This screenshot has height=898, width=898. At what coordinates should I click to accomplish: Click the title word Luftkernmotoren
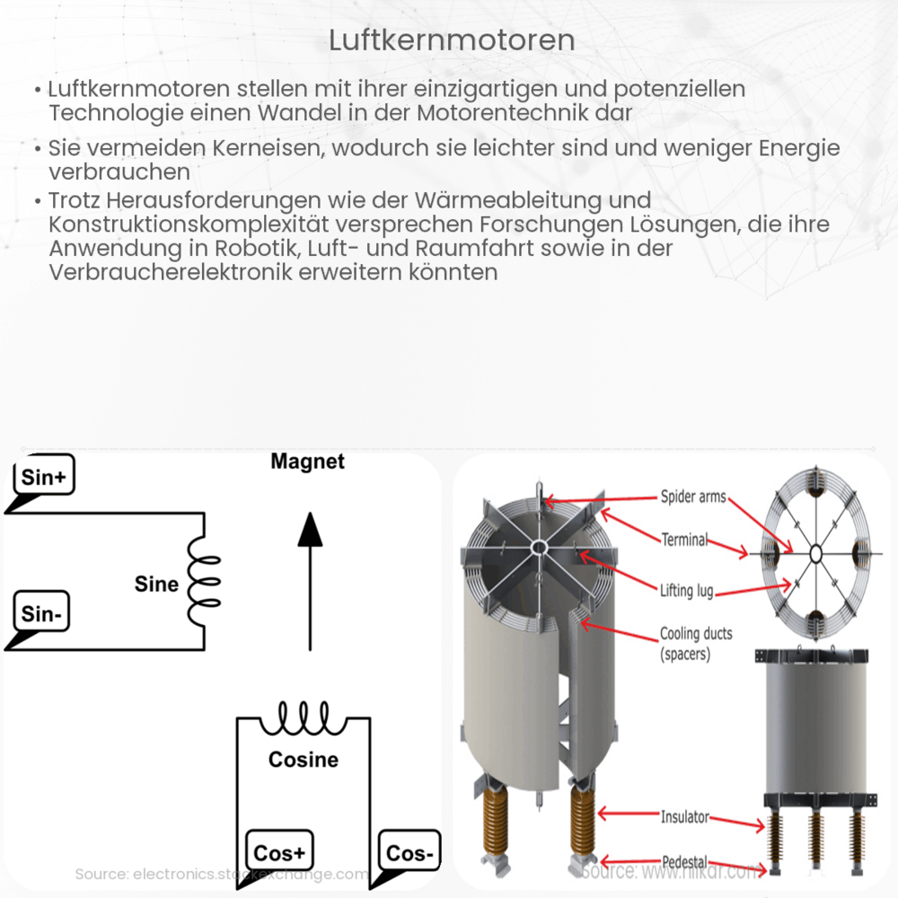pos(452,40)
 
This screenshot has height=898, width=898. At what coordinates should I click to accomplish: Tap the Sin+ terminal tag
pos(43,479)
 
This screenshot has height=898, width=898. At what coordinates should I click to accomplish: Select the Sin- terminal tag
pos(40,614)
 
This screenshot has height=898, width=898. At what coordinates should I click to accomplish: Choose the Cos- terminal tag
pos(409,852)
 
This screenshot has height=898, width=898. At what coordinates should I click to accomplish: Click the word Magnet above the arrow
pos(307,462)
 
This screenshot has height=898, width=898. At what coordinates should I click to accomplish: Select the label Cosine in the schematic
pos(304,760)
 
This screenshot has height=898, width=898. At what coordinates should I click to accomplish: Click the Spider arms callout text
pos(692,497)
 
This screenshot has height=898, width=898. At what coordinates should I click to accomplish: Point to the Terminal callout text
pos(685,540)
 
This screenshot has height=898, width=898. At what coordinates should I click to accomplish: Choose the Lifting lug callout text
pos(690,590)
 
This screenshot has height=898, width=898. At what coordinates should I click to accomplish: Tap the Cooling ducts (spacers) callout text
pos(696,644)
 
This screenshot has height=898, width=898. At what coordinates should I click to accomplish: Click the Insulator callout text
pos(685,817)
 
